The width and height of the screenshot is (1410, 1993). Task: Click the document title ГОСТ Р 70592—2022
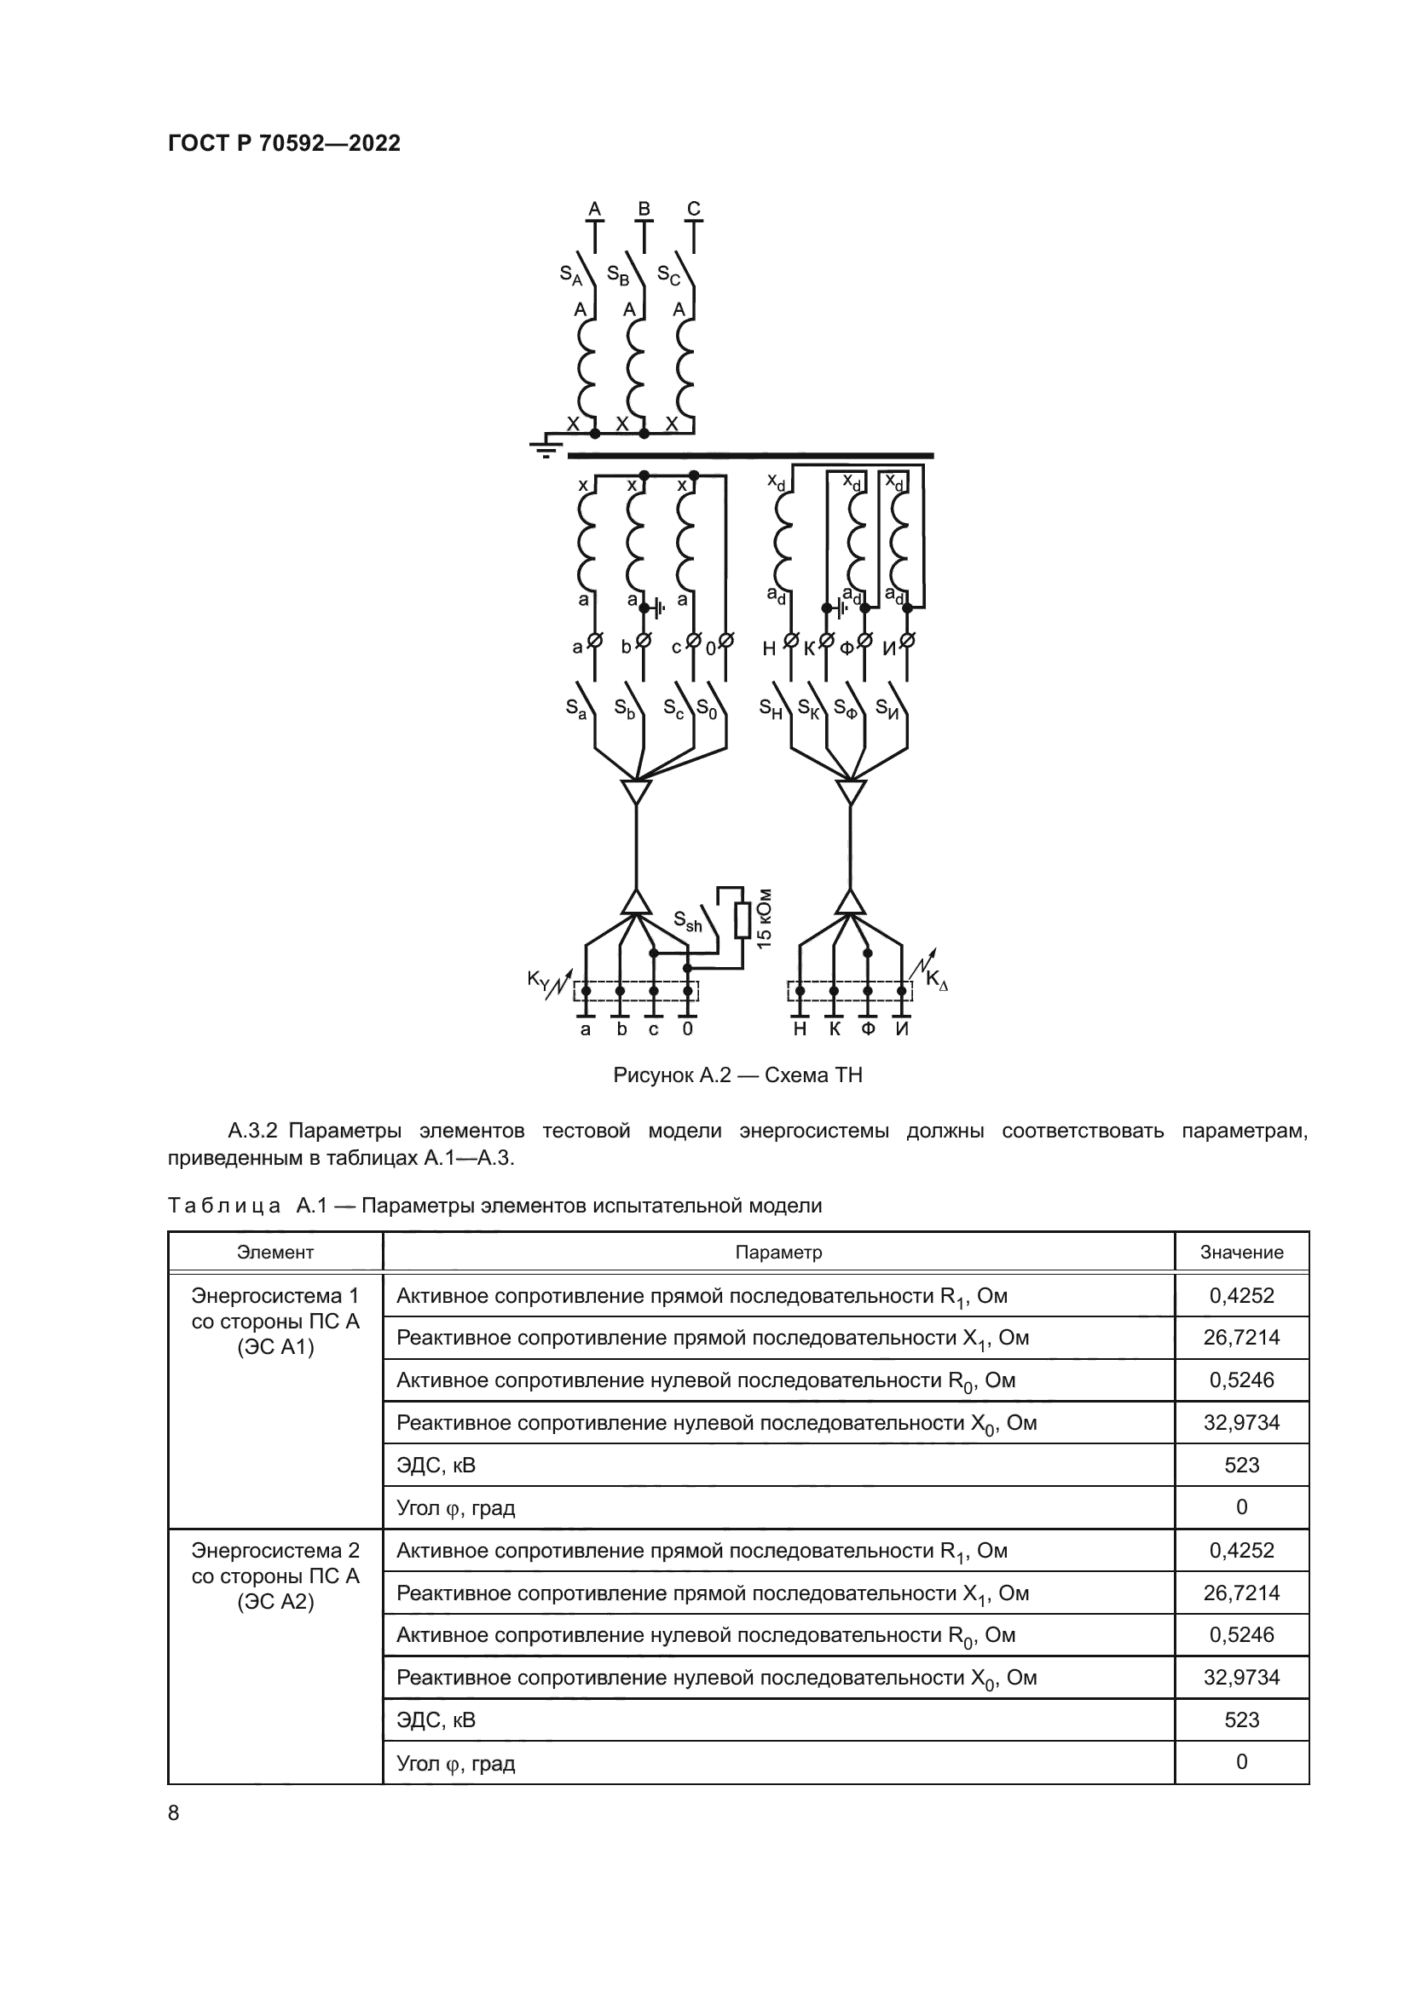pos(284,143)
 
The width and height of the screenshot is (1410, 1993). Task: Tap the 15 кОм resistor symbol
pos(742,920)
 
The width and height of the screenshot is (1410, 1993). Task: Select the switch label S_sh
pos(687,921)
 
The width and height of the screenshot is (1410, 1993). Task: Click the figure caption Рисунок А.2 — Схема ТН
pos(737,1075)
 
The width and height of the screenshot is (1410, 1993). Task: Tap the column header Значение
pos(1240,1253)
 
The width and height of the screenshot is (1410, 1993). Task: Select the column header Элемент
pos(275,1253)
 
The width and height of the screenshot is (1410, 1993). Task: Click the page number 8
pos(174,1813)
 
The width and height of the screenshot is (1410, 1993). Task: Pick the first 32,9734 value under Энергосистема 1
pos(1240,1423)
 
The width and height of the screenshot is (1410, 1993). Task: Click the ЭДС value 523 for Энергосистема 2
pos(1240,1719)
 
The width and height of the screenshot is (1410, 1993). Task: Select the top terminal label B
pos(644,208)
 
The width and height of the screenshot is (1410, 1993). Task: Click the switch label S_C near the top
pos(667,275)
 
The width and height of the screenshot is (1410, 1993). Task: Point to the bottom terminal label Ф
pos(867,1029)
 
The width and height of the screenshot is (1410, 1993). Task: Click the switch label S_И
pos(887,708)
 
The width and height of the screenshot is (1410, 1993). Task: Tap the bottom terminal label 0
pos(688,1029)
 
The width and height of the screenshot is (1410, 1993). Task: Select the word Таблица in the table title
pos(224,1206)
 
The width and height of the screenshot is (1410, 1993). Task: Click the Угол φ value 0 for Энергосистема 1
pos(1240,1507)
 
